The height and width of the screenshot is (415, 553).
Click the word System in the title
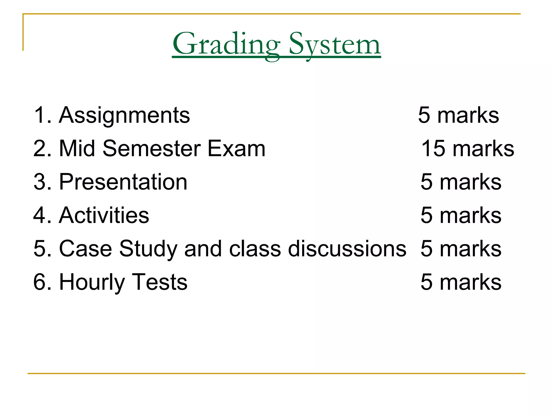[335, 44]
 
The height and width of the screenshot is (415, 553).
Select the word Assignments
[124, 116]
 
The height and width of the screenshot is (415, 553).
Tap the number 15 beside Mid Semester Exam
[433, 148]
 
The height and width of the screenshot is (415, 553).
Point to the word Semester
[151, 148]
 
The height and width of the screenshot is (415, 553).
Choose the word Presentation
[123, 182]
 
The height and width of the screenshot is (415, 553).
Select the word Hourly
[92, 282]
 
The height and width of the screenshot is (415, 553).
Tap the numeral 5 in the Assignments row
[424, 115]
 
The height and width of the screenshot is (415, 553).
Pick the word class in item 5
[255, 249]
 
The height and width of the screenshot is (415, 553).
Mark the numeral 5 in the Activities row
[427, 215]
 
